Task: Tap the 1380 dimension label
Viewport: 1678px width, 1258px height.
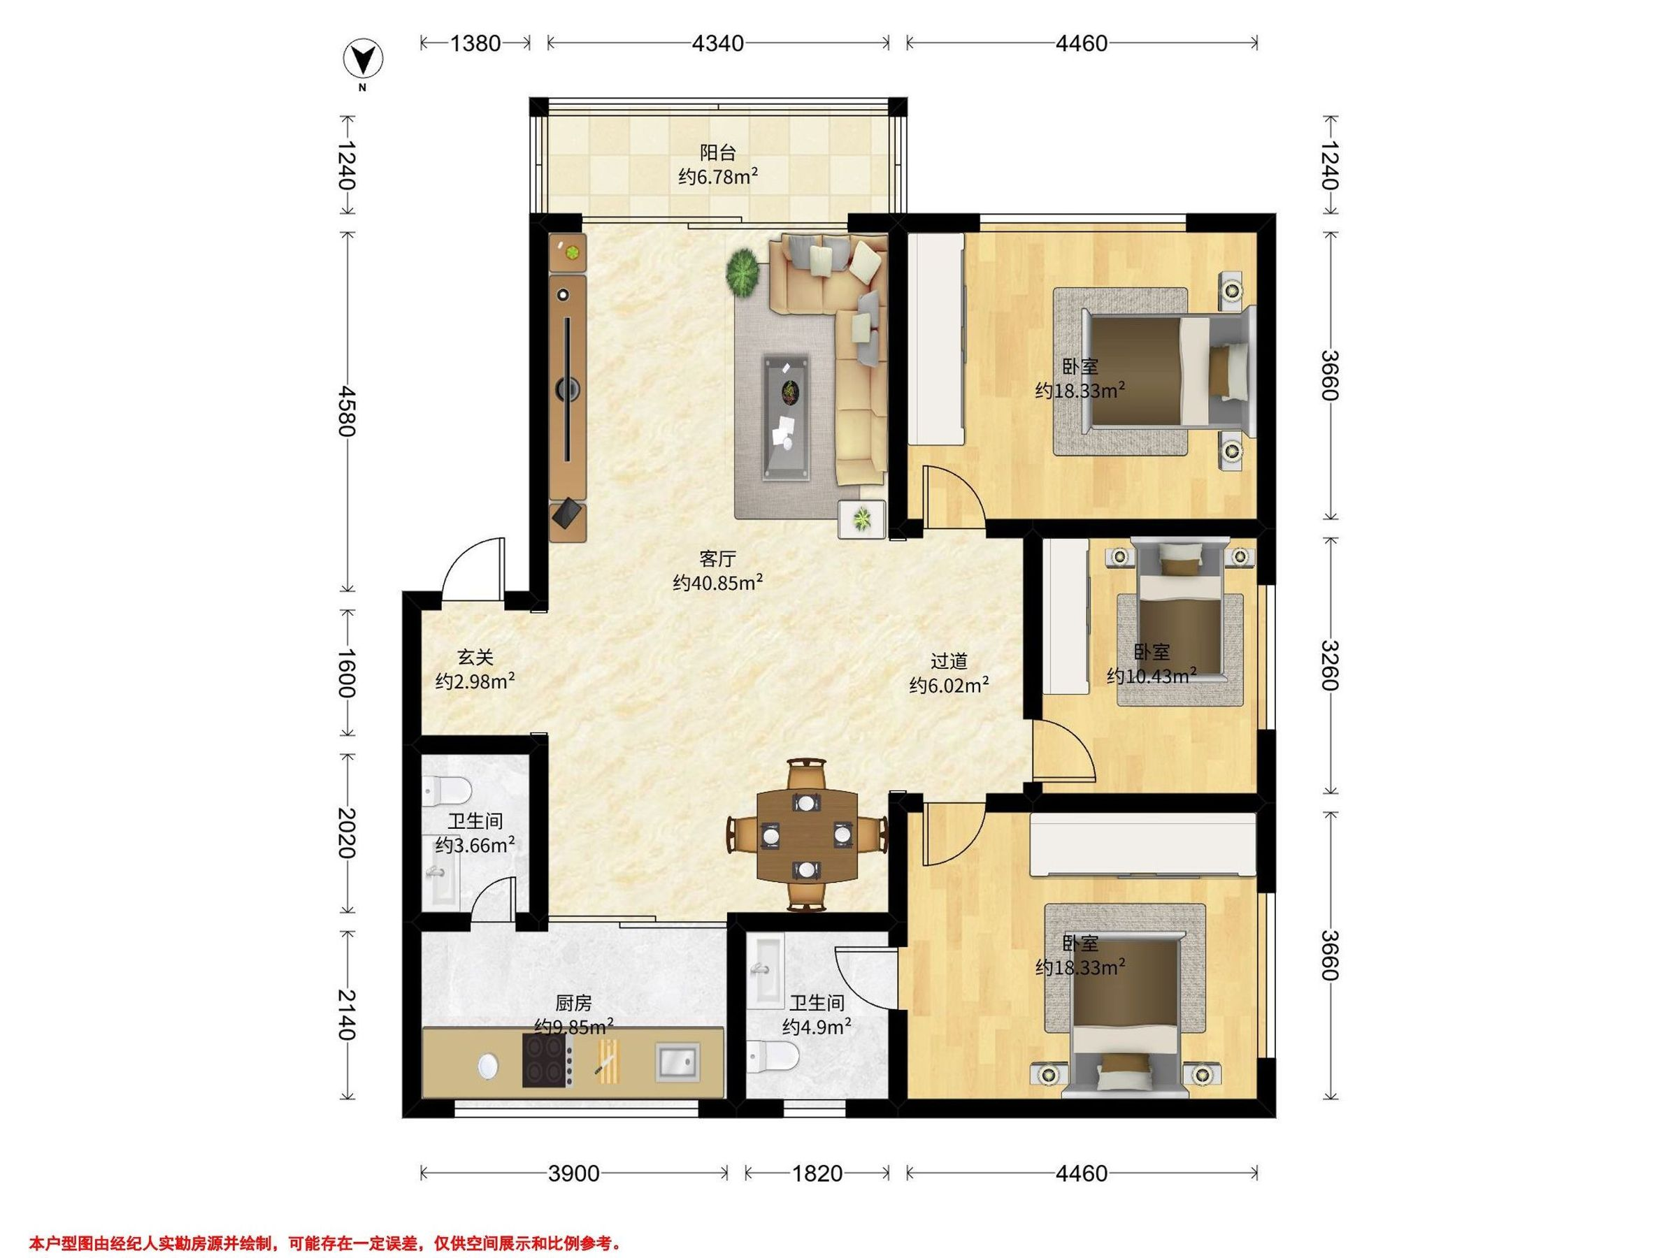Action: tap(475, 43)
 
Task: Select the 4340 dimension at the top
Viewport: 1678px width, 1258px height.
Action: tap(717, 43)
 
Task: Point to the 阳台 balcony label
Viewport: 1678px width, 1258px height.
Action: tap(717, 153)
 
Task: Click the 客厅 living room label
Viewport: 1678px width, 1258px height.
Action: tap(717, 560)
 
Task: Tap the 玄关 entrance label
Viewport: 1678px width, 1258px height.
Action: tap(475, 657)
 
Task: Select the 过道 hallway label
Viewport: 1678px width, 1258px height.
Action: tap(949, 661)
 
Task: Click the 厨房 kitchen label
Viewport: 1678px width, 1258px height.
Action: tap(573, 1003)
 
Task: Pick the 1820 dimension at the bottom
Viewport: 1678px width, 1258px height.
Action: tap(817, 1174)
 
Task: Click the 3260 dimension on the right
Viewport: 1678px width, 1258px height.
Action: tap(1330, 665)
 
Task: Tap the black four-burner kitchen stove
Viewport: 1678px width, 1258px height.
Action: tap(547, 1060)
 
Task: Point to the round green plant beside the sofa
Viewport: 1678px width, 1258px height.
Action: tap(743, 271)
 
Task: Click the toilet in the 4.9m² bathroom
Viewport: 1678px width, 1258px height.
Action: tap(773, 1057)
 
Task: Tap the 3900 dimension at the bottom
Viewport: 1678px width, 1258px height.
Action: tap(574, 1174)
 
